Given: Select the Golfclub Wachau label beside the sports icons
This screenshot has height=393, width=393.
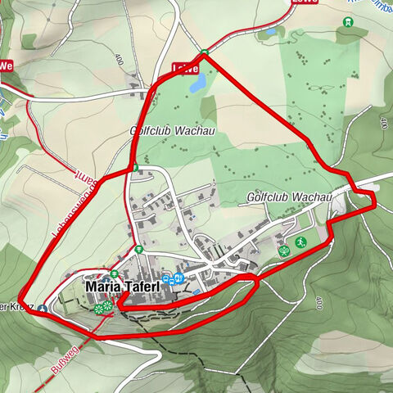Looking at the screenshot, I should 287,198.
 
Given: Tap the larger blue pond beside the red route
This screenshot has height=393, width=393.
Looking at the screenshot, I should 197,84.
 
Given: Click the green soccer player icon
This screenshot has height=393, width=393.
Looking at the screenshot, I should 300,242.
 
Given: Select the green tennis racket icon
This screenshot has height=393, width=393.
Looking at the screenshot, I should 283,251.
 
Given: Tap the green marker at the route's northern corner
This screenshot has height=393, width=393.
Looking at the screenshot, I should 204,54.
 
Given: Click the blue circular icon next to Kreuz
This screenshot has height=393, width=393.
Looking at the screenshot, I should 42,309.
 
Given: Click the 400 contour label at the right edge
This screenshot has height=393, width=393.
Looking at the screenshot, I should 382,123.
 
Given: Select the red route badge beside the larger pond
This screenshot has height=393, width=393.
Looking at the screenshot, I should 184,69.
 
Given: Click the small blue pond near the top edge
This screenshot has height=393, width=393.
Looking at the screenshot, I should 269,34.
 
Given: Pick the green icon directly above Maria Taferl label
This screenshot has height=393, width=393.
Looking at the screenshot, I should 115,273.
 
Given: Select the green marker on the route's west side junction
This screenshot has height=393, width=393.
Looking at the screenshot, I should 135,168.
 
